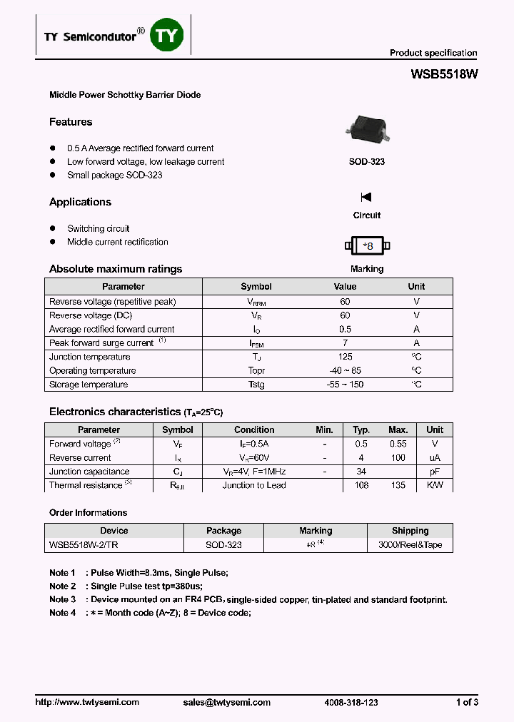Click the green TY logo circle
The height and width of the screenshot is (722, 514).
pos(167,36)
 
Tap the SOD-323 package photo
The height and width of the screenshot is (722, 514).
pos(367,129)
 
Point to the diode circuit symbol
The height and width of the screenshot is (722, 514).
pos(366,197)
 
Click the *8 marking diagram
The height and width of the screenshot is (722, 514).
pos(367,246)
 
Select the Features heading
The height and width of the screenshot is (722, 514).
pos(71,122)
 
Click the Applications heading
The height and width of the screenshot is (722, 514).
pos(80,202)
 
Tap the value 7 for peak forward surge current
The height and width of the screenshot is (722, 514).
pos(345,343)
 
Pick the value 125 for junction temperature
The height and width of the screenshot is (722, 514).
pos(345,357)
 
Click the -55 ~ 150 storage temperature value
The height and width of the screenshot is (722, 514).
pos(345,385)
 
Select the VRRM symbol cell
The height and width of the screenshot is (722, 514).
pos(256,302)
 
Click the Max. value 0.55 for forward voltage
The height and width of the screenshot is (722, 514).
pos(398,444)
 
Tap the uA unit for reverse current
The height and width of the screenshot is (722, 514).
pos(435,458)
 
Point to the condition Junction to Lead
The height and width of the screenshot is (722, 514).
pos(254,485)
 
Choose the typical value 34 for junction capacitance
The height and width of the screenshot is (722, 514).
pos(361,472)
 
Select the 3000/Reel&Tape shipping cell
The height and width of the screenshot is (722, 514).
pos(410,544)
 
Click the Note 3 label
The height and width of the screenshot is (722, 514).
pos(62,599)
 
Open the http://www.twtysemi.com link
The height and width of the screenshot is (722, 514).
pos(87,702)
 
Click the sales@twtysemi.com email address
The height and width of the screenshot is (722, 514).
pos(226,702)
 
